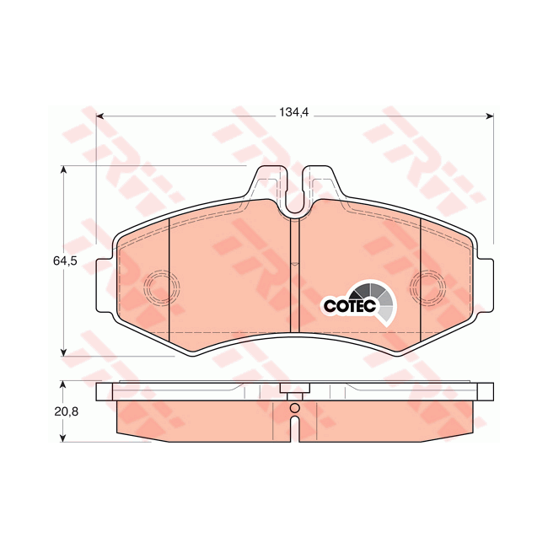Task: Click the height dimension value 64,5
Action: tap(65, 261)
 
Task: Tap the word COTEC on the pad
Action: tap(349, 306)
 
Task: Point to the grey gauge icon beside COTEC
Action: tap(382, 301)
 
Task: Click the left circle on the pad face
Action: tap(158, 287)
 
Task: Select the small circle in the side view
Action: tap(294, 410)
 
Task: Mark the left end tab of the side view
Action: tap(105, 391)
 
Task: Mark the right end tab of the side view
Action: tap(485, 391)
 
